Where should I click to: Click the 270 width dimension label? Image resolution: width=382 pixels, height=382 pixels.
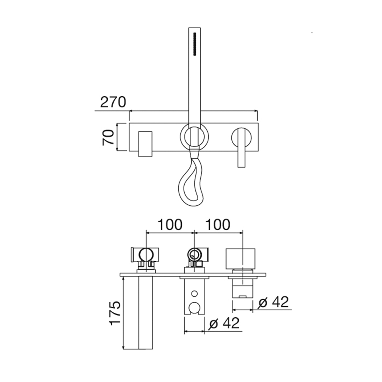tap(113, 102)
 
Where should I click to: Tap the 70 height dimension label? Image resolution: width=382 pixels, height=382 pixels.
tap(109, 138)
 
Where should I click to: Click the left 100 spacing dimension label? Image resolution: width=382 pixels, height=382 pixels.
tap(170, 225)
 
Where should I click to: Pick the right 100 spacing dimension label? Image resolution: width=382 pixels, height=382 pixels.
tap(218, 225)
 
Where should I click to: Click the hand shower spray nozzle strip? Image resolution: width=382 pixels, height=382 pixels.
tap(195, 45)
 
